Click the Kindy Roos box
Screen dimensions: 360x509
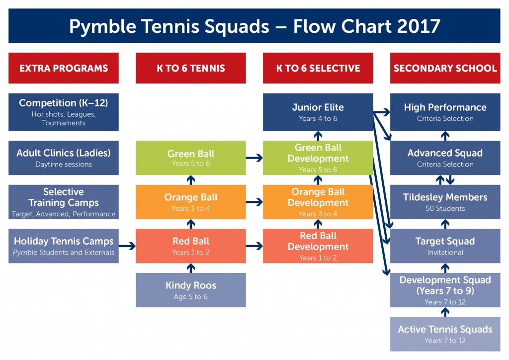click(190, 290)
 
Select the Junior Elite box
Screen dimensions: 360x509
click(318, 112)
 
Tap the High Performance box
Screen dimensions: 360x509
click(445, 112)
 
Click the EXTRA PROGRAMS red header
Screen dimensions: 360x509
click(64, 68)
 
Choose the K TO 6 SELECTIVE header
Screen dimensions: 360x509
click(318, 68)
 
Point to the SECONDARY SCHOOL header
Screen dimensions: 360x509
click(445, 68)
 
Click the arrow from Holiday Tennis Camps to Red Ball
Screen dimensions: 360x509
click(127, 246)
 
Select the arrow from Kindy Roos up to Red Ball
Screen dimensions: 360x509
click(190, 268)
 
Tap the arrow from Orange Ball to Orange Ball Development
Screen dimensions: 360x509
click(254, 202)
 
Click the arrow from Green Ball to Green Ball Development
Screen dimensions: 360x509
click(254, 158)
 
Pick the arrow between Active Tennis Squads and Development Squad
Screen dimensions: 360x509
click(445, 312)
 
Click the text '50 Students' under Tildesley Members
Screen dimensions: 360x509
click(445, 208)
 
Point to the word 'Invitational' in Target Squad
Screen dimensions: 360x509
click(445, 253)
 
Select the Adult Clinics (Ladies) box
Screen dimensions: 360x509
click(64, 158)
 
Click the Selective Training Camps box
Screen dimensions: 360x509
click(64, 202)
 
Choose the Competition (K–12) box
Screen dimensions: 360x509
click(64, 112)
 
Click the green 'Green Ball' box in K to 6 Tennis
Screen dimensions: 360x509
click(190, 158)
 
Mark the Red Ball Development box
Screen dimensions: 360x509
click(318, 246)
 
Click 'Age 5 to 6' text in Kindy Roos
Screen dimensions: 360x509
click(190, 297)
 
